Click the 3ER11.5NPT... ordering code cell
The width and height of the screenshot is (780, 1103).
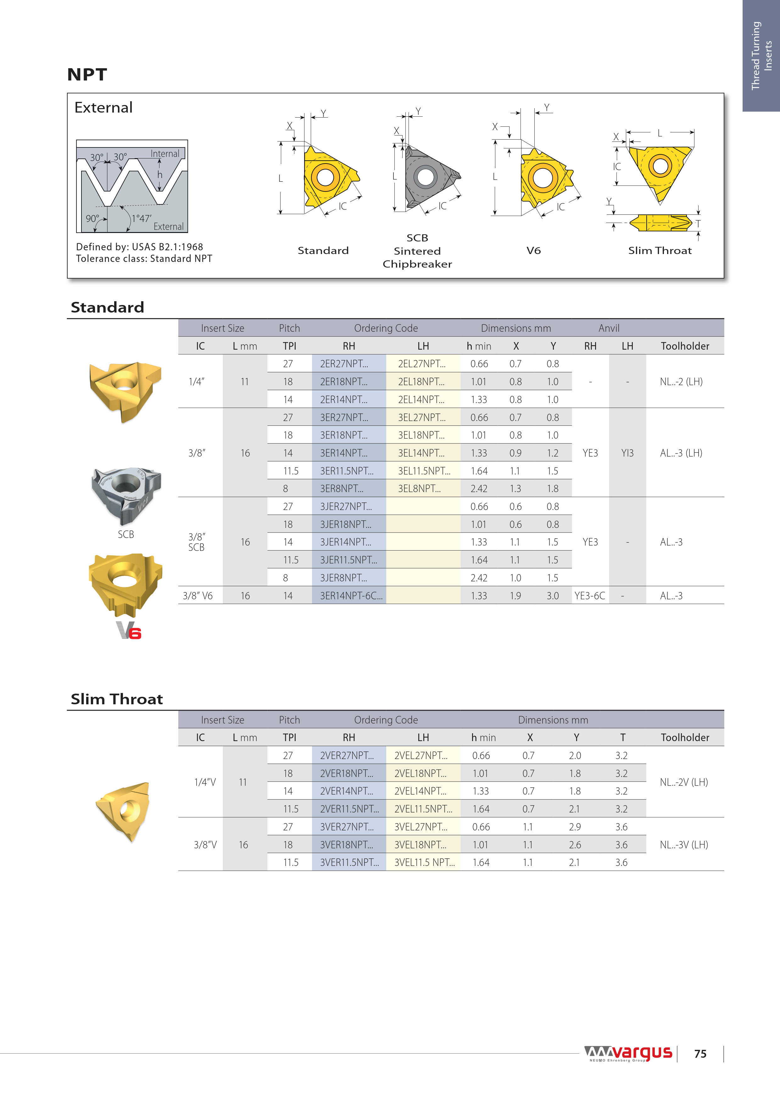pyautogui.click(x=347, y=471)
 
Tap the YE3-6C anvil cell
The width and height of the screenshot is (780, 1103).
pyautogui.click(x=590, y=596)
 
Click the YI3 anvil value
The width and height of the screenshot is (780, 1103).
pyautogui.click(x=627, y=453)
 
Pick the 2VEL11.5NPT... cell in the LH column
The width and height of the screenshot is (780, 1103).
pyautogui.click(x=423, y=809)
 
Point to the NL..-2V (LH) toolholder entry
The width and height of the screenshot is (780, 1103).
pyautogui.click(x=684, y=782)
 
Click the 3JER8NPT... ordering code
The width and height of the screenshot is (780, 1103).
pyautogui.click(x=343, y=578)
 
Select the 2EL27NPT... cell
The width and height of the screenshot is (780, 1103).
pyautogui.click(x=421, y=364)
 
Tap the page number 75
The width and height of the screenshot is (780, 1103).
pyautogui.click(x=700, y=1054)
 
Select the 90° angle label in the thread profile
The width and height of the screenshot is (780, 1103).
pyautogui.click(x=92, y=219)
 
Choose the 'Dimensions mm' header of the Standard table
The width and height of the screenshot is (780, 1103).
pyautogui.click(x=516, y=328)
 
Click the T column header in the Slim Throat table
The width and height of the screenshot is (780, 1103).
pyautogui.click(x=622, y=737)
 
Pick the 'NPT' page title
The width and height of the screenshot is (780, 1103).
pyautogui.click(x=87, y=75)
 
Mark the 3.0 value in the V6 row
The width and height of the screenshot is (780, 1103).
pyautogui.click(x=553, y=596)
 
